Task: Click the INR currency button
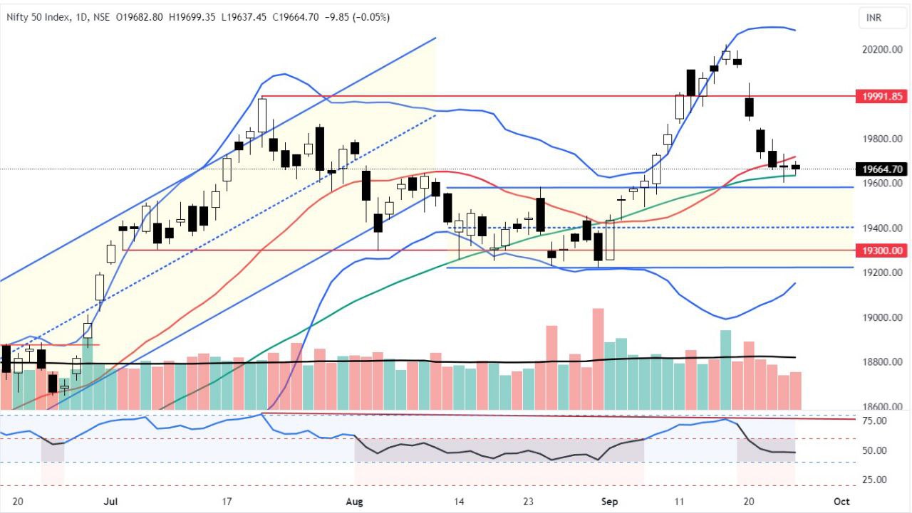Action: coord(874,17)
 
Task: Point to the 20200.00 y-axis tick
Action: coord(883,50)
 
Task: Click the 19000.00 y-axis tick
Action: coord(883,317)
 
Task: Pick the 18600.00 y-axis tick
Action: coord(883,407)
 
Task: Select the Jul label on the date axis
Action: coord(110,501)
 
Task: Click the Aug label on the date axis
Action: coord(353,501)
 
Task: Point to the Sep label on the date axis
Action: coord(610,501)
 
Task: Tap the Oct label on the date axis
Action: coord(841,501)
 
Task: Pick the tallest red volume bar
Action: coord(598,359)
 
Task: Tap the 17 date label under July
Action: coord(227,501)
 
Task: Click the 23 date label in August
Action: coord(528,501)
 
